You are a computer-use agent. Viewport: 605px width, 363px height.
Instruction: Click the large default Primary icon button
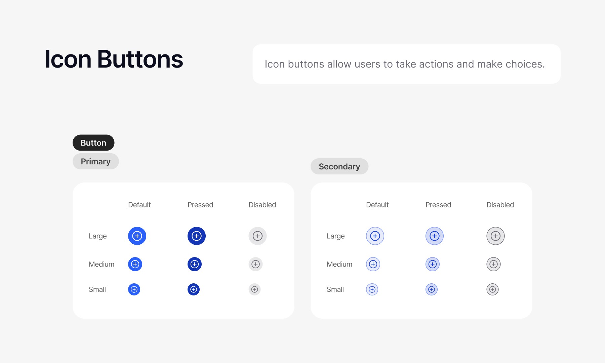[x=137, y=236]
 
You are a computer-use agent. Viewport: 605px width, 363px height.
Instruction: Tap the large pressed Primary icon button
[x=197, y=236]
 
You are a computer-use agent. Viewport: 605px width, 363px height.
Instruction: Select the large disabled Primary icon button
[x=257, y=236]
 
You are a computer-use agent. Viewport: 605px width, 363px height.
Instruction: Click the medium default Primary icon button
[x=135, y=264]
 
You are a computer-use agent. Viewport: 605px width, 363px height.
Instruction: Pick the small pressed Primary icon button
[x=194, y=289]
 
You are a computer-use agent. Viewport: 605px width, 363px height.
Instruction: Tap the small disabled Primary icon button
[x=254, y=289]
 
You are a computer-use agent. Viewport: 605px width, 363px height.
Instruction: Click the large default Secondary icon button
[x=375, y=236]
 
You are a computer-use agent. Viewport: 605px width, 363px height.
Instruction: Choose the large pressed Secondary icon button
[x=435, y=236]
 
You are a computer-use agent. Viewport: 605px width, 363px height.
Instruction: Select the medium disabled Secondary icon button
[x=493, y=264]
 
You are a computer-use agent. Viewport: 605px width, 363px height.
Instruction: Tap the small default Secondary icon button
[x=372, y=289]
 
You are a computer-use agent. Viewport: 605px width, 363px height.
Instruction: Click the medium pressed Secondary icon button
[x=433, y=264]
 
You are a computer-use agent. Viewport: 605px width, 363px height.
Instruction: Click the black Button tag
[x=93, y=143]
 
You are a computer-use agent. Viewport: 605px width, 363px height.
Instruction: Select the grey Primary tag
[x=96, y=161]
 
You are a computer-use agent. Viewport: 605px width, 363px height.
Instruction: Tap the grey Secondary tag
[x=339, y=166]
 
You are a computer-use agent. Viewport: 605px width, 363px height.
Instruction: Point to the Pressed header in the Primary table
[x=200, y=205]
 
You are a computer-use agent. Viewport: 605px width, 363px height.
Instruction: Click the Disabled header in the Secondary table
[x=500, y=205]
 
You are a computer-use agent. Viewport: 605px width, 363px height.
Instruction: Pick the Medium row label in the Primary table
[x=102, y=264]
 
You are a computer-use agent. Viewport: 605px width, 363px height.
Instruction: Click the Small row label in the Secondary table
[x=335, y=289]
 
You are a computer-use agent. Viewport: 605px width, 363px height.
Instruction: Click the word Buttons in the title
[x=140, y=59]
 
